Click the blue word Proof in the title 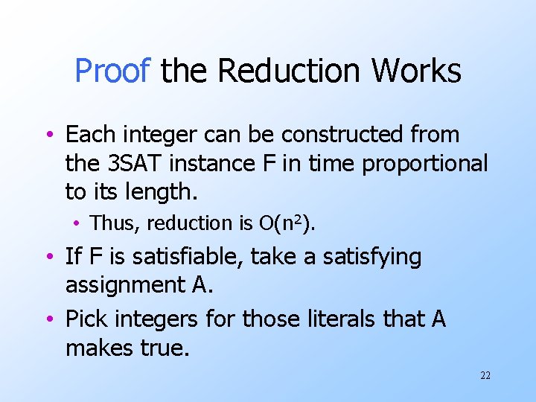(x=113, y=71)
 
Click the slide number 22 (x=485, y=375)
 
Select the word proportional (x=424, y=163)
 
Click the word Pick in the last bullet (x=87, y=319)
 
